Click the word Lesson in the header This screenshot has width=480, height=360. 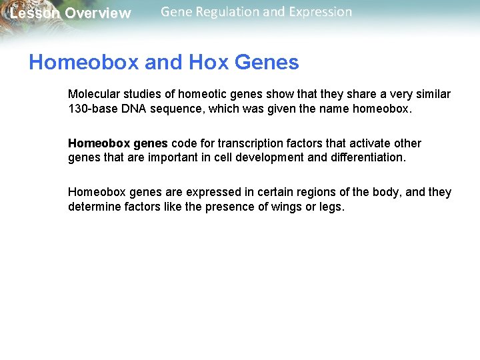point(34,13)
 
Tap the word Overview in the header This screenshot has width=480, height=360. point(98,13)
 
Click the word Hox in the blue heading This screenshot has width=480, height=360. point(208,63)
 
